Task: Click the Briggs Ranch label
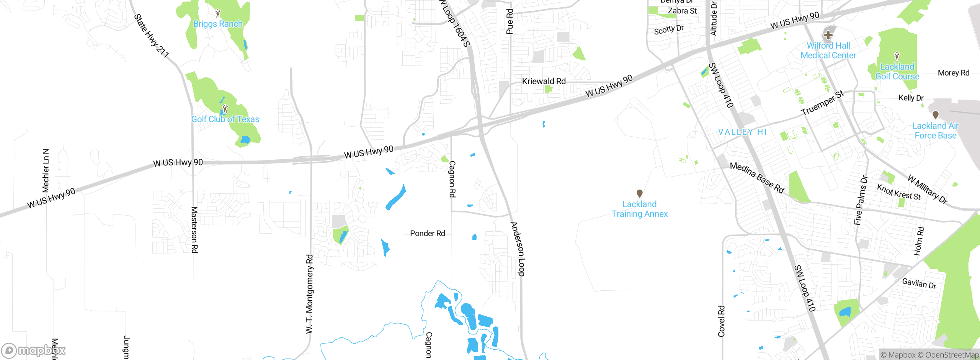(218, 24)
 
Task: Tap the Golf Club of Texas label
(225, 119)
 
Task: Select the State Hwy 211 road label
(151, 36)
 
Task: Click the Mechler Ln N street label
(46, 170)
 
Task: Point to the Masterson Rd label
(194, 230)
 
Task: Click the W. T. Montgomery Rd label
(309, 294)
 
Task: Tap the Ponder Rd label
(427, 233)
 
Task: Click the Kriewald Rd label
(544, 81)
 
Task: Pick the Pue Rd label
(510, 22)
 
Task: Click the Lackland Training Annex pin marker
(639, 193)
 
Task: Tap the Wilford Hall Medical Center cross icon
(828, 35)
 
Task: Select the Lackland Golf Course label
(897, 72)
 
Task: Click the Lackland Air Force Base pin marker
(935, 115)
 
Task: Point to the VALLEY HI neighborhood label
(742, 132)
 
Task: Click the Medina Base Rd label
(757, 177)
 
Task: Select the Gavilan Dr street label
(919, 283)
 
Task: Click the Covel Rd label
(721, 321)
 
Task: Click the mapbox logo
(33, 350)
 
